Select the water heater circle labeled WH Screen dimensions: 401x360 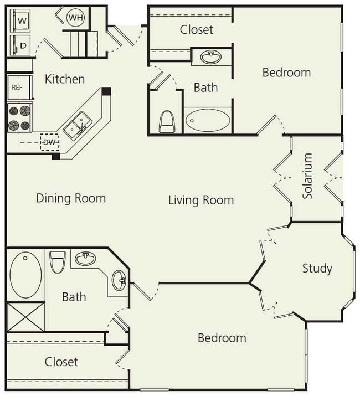75,18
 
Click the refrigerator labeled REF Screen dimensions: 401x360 17,88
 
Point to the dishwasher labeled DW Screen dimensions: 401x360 50,142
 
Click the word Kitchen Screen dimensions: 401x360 65,79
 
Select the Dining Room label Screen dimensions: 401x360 71,198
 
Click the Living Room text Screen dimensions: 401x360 200,200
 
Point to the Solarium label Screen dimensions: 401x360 308,177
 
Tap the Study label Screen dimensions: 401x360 317,269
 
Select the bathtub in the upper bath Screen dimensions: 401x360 207,120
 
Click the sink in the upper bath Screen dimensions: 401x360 210,57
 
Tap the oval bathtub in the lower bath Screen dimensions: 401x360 25,275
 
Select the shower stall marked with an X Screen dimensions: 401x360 25,317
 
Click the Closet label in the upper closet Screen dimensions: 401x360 197,29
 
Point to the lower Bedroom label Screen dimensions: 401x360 222,338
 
